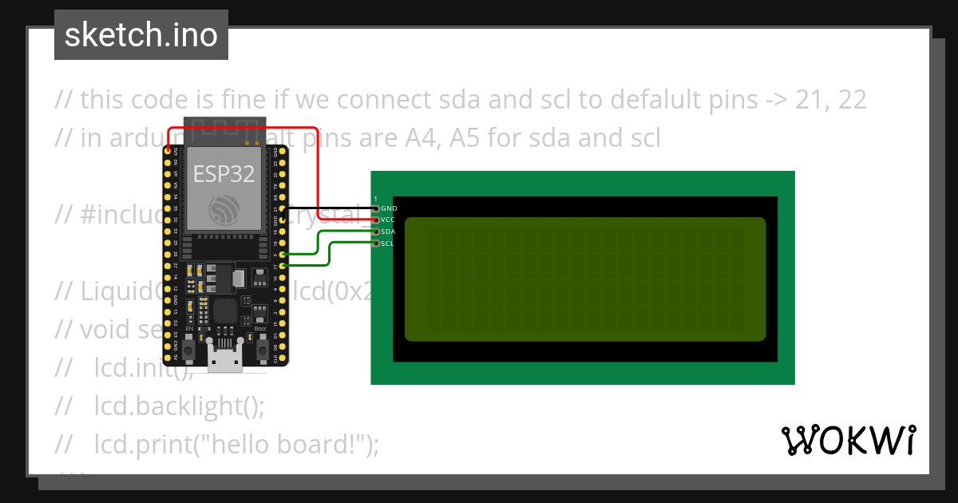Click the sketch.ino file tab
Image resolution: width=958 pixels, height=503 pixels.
(141, 35)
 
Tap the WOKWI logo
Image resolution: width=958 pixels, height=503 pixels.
(847, 440)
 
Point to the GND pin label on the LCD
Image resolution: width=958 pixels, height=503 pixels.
(390, 208)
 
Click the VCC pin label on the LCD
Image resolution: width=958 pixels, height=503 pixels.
(389, 219)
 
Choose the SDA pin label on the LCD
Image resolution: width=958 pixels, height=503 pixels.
(389, 232)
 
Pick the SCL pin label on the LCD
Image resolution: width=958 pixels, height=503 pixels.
(388, 244)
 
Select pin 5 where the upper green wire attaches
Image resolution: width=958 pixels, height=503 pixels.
(283, 254)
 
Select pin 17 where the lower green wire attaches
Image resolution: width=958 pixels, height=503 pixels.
(283, 266)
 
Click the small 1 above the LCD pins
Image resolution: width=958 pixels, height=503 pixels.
(376, 198)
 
